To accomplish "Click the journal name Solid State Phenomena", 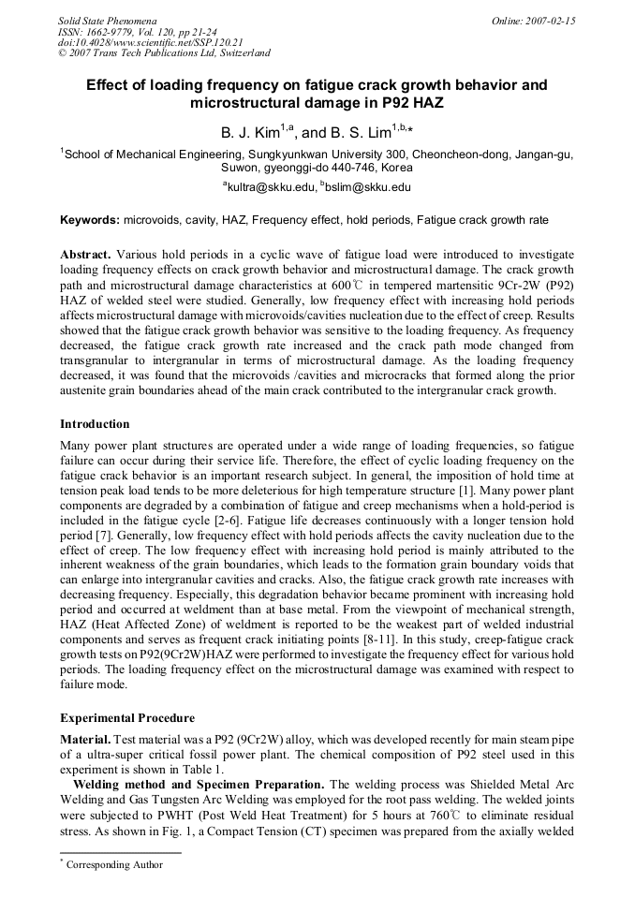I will click(107, 20).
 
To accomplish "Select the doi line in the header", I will click(150, 42).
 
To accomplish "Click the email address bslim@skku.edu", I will click(368, 187).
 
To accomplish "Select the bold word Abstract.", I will click(85, 255).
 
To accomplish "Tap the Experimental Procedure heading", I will click(126, 718).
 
